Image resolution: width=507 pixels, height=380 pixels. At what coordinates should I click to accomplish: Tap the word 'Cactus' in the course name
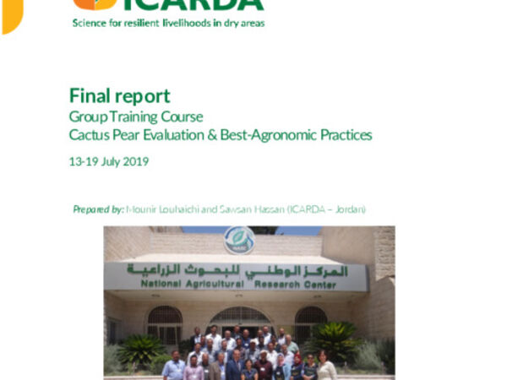(x=89, y=134)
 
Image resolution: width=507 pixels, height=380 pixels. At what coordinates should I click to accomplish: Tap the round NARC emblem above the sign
(x=239, y=240)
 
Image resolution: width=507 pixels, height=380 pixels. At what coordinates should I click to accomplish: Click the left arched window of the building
(x=164, y=323)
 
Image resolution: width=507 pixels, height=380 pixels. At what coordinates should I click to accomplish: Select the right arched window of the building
(x=310, y=322)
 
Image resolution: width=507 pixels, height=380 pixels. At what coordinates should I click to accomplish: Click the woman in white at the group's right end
(x=325, y=367)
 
